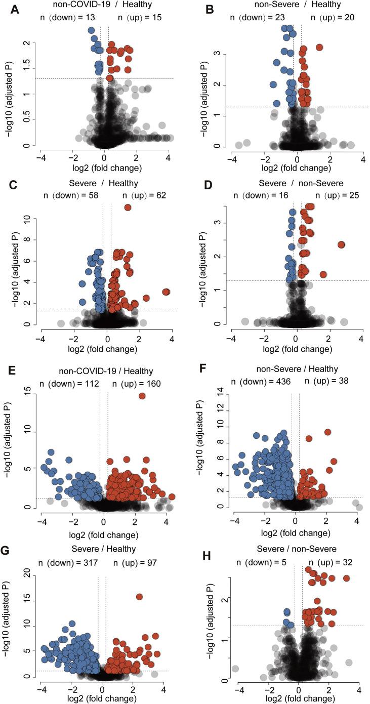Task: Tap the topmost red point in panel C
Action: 128,208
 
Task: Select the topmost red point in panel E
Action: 142,396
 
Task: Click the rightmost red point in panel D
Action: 341,244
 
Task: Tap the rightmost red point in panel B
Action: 319,47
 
